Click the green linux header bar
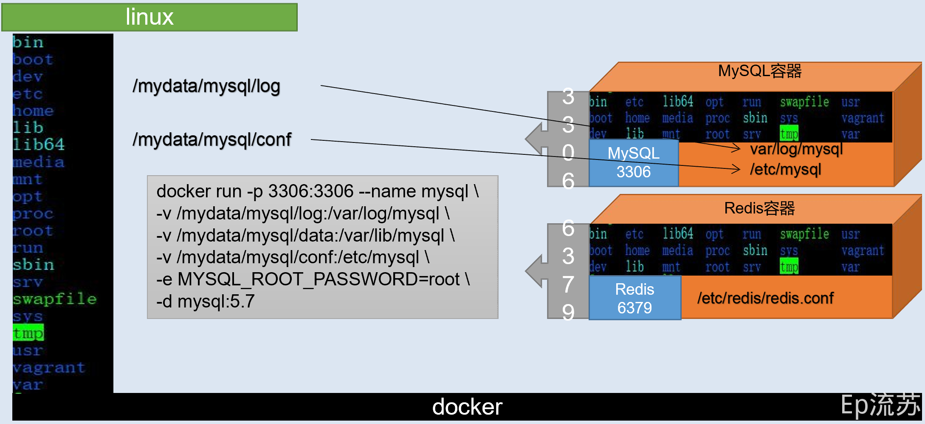[x=149, y=17]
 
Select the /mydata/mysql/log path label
[x=206, y=86]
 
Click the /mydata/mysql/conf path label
[x=212, y=139]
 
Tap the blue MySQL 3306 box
[x=633, y=162]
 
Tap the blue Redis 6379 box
[x=635, y=298]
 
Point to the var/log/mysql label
[x=796, y=149]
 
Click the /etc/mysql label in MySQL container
[x=785, y=169]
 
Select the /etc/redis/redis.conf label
[x=765, y=298]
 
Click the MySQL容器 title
[x=759, y=71]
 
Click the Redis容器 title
[x=759, y=208]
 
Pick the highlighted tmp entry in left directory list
[x=28, y=333]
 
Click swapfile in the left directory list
[x=54, y=299]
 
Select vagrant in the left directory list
[x=48, y=367]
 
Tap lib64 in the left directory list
[x=38, y=145]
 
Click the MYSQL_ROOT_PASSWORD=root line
[x=313, y=279]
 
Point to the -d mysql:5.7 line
[x=205, y=302]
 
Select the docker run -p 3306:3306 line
[x=317, y=191]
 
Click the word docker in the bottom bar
[x=467, y=407]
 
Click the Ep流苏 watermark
[x=880, y=405]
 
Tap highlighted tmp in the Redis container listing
[x=789, y=267]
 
